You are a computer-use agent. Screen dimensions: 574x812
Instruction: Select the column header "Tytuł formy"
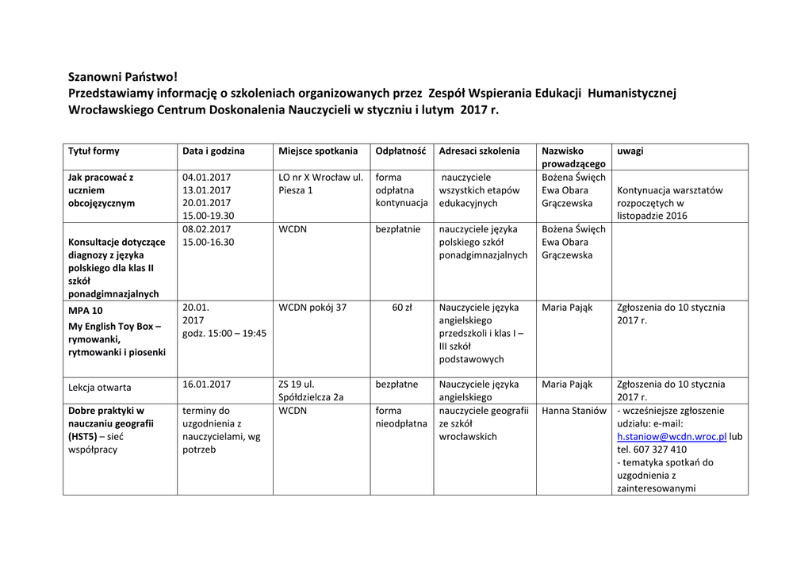pos(94,151)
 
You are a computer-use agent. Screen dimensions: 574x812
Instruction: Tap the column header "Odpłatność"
pos(400,151)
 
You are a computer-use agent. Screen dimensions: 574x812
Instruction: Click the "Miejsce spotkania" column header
pos(318,151)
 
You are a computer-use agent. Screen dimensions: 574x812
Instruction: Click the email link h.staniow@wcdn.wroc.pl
pos(672,437)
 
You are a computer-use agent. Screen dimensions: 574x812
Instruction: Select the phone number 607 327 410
pos(660,450)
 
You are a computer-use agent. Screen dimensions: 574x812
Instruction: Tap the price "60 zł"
pos(402,308)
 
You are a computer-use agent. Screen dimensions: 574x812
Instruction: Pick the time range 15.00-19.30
pos(208,216)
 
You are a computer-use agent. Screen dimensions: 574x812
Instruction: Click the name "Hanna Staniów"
pos(574,411)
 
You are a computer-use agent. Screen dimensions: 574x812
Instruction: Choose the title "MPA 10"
pos(86,311)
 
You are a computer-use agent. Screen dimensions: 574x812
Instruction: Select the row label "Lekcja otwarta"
pos(100,388)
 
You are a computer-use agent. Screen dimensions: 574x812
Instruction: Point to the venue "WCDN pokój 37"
pos(312,308)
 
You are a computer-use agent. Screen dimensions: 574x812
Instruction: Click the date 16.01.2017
pos(206,385)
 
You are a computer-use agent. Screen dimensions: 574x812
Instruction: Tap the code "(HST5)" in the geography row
pos(82,437)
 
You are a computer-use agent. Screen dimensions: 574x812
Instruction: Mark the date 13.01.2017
pos(206,190)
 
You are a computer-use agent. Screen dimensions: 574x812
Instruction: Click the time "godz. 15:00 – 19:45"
pos(224,333)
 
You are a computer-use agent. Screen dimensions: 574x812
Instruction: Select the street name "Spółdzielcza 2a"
pos(311,397)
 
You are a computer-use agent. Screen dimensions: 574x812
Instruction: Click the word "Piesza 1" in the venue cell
pos(295,190)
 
